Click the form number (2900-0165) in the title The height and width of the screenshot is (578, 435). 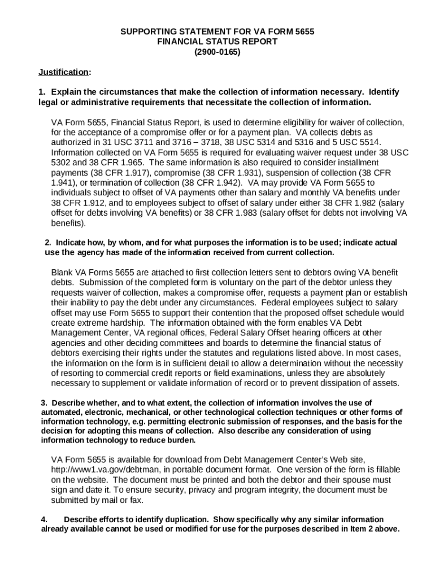click(217, 52)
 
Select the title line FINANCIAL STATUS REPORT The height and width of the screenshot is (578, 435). click(217, 42)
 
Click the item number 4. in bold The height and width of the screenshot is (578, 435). click(44, 519)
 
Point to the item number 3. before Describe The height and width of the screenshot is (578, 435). click(44, 402)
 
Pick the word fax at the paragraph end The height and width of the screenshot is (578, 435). click(136, 500)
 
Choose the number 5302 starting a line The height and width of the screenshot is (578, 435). click(62, 163)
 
